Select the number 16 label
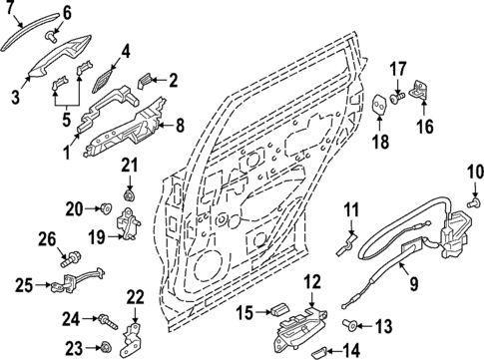click(x=424, y=126)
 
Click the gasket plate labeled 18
click(x=380, y=107)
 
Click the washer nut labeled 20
click(x=105, y=208)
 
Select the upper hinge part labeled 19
click(x=128, y=224)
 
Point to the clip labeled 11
click(x=349, y=239)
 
